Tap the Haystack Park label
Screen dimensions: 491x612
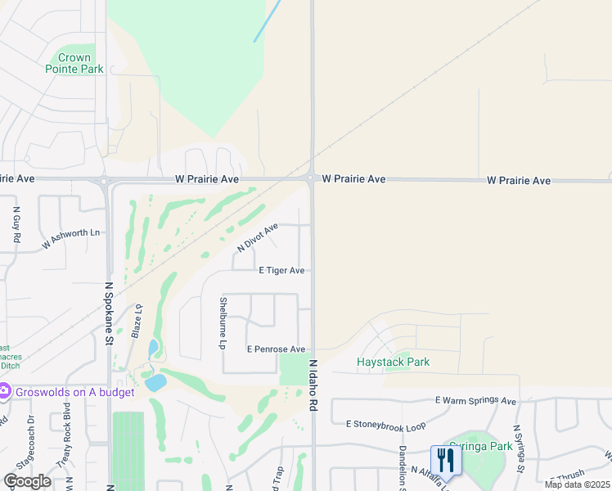pos(393,362)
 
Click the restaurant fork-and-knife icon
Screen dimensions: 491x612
pos(446,459)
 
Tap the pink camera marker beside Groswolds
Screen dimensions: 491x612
pos(4,391)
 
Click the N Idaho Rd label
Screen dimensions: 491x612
pos(313,384)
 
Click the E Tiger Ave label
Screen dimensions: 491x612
pos(281,270)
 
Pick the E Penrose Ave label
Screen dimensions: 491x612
pos(276,349)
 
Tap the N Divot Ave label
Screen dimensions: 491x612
pos(258,236)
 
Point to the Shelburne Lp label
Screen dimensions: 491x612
pos(222,323)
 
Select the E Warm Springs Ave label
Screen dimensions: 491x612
pos(475,401)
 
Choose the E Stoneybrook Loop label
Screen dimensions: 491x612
pos(386,425)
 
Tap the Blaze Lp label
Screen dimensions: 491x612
pos(138,318)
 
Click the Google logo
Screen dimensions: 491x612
pos(26,480)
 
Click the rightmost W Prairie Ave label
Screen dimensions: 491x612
pos(519,180)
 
